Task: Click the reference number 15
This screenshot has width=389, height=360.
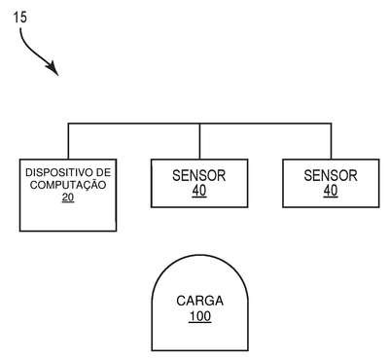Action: click(x=20, y=18)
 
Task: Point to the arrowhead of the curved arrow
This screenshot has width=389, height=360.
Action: click(x=53, y=69)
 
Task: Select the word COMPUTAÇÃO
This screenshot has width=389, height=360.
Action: click(x=68, y=185)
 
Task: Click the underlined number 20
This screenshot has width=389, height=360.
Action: click(x=68, y=198)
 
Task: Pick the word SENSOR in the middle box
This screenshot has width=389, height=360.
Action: click(x=199, y=176)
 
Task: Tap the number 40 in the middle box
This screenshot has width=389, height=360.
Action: click(x=199, y=191)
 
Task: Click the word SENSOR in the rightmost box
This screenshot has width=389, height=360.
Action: click(x=331, y=176)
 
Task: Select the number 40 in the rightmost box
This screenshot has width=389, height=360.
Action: click(x=331, y=191)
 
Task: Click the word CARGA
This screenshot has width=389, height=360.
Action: click(x=199, y=301)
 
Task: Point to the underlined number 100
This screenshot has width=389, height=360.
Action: click(x=200, y=316)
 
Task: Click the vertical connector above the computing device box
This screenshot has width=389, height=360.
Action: click(x=68, y=141)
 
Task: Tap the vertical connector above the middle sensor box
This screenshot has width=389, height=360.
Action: click(x=199, y=142)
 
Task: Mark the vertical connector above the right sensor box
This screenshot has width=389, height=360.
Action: click(x=331, y=141)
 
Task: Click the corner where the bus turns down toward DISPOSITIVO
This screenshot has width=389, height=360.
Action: click(x=68, y=124)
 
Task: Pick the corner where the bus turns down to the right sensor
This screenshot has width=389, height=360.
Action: click(x=331, y=124)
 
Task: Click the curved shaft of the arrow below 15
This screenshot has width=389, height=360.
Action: click(x=31, y=51)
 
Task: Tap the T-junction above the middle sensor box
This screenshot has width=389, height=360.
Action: click(x=199, y=124)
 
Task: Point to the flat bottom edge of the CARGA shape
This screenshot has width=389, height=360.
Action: click(x=199, y=350)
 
